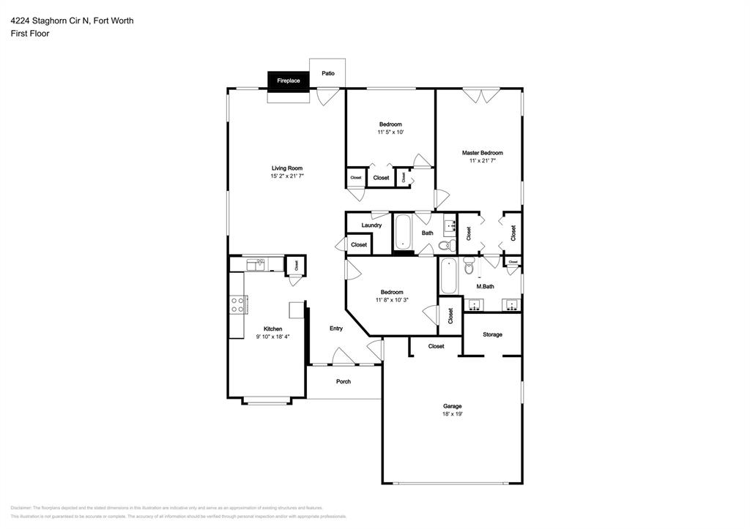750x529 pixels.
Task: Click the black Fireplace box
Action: coord(288,80)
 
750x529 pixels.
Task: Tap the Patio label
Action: coord(328,73)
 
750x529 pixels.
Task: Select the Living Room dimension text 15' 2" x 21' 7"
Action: coord(287,176)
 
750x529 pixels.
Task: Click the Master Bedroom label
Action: coord(482,153)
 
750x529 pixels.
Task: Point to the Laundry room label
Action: coord(371,225)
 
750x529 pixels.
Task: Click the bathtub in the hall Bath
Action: coord(403,232)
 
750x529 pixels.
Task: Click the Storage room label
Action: coord(492,334)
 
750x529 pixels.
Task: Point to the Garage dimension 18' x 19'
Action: coord(452,414)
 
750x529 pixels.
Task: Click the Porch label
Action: coord(343,381)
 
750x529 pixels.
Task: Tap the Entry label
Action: coord(336,329)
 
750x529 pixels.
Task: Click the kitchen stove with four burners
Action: coord(238,305)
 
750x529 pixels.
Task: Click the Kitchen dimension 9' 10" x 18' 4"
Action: coord(272,337)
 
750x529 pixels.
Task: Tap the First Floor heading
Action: coord(29,34)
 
